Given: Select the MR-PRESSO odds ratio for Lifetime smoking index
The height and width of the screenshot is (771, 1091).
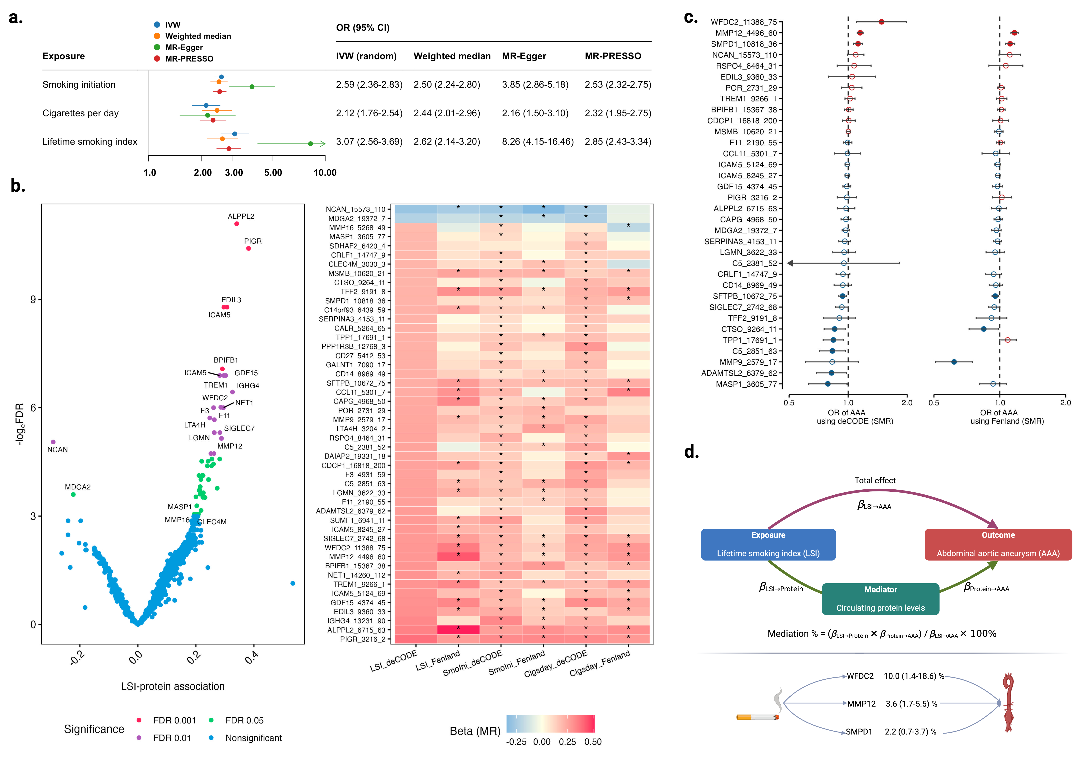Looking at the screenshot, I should click(618, 142).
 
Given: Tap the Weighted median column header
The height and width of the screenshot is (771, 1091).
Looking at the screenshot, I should click(452, 56).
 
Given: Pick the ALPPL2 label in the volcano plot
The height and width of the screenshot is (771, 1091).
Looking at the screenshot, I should click(241, 216).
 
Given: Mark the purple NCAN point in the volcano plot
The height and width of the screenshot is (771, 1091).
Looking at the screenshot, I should click(53, 442).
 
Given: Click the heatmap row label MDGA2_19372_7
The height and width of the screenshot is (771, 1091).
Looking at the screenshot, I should click(356, 219).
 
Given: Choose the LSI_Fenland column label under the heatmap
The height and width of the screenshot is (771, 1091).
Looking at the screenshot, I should click(438, 661).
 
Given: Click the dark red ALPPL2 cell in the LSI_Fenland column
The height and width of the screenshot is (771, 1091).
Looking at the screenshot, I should click(458, 630).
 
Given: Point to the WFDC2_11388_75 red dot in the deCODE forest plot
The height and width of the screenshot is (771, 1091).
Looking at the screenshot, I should click(881, 22).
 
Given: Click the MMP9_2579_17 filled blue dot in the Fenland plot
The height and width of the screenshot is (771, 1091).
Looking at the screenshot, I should click(954, 362).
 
